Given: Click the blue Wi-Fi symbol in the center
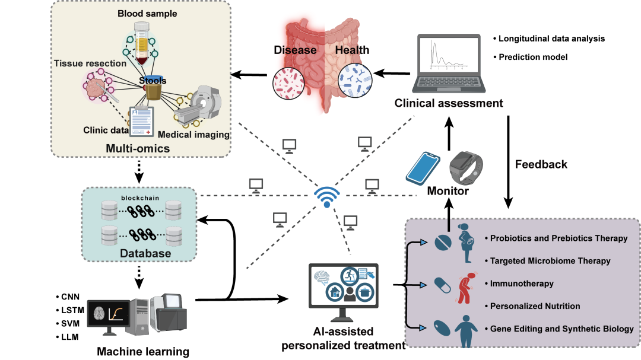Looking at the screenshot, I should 326,195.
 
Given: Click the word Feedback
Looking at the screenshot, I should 541,164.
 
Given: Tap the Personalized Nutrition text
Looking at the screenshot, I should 535,306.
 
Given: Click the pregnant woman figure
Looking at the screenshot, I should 466,247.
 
